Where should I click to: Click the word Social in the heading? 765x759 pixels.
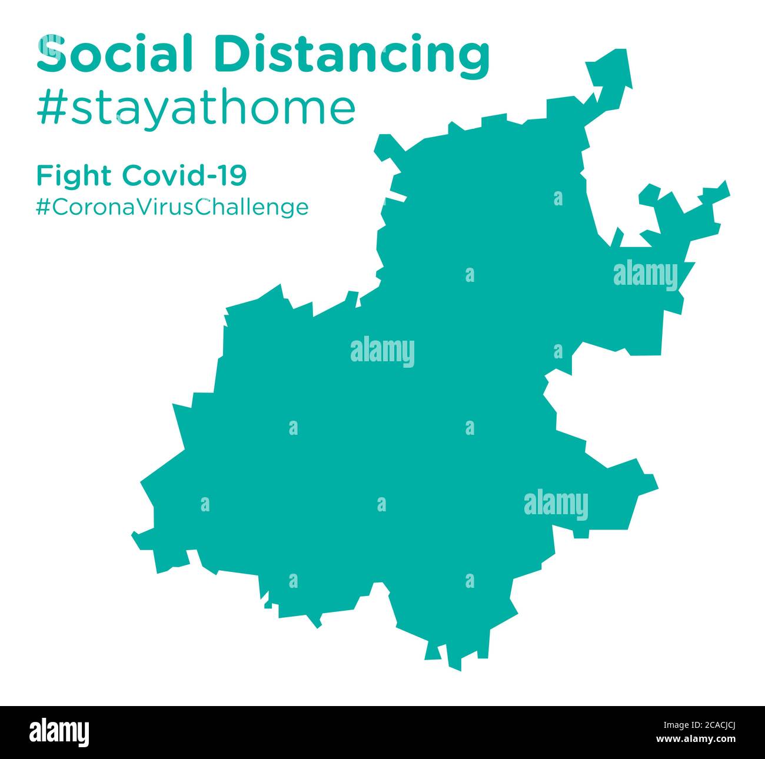pyautogui.click(x=114, y=54)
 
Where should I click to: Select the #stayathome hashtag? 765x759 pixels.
pyautogui.click(x=196, y=108)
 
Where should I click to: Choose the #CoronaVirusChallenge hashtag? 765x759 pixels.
pyautogui.click(x=172, y=207)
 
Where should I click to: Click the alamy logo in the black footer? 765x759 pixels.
pyautogui.click(x=60, y=732)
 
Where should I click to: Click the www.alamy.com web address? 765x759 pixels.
pyautogui.click(x=705, y=738)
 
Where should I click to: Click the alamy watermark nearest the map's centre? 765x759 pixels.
pyautogui.click(x=382, y=352)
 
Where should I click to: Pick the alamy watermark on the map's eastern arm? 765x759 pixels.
pyautogui.click(x=646, y=275)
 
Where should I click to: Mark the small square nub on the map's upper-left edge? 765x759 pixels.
pyautogui.click(x=385, y=147)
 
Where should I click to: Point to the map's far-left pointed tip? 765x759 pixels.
pyautogui.click(x=137, y=537)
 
